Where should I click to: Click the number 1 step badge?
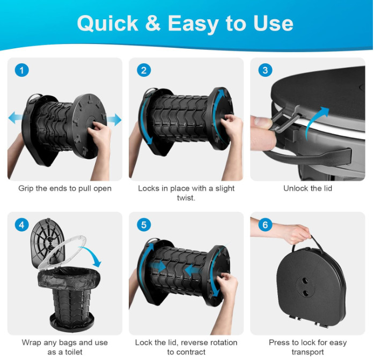(x=21, y=70)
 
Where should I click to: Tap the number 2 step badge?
(x=144, y=70)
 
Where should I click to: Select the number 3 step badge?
(x=265, y=70)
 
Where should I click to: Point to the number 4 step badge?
(x=21, y=225)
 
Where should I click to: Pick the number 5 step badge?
(x=144, y=225)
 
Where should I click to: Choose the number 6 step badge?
(x=265, y=225)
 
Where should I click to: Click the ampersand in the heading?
(x=152, y=23)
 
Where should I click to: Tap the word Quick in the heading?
(x=107, y=24)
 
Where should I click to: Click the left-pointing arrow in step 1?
(x=16, y=117)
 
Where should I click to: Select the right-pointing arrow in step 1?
(x=114, y=119)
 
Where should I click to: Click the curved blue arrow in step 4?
(x=93, y=255)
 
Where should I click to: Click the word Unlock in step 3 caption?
(x=295, y=188)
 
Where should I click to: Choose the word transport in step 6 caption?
(x=307, y=352)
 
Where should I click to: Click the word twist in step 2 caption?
(x=185, y=198)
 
